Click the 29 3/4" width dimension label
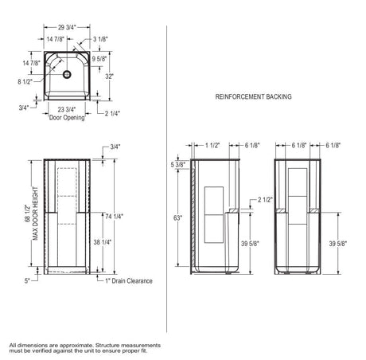[67, 27]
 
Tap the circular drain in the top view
[67, 74]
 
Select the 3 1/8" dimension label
[100, 39]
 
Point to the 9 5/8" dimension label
[99, 59]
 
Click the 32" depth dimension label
[109, 76]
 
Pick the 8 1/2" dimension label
[25, 81]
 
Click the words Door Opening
[67, 117]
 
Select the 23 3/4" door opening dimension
[67, 109]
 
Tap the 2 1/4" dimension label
[112, 113]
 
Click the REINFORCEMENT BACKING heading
[253, 96]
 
